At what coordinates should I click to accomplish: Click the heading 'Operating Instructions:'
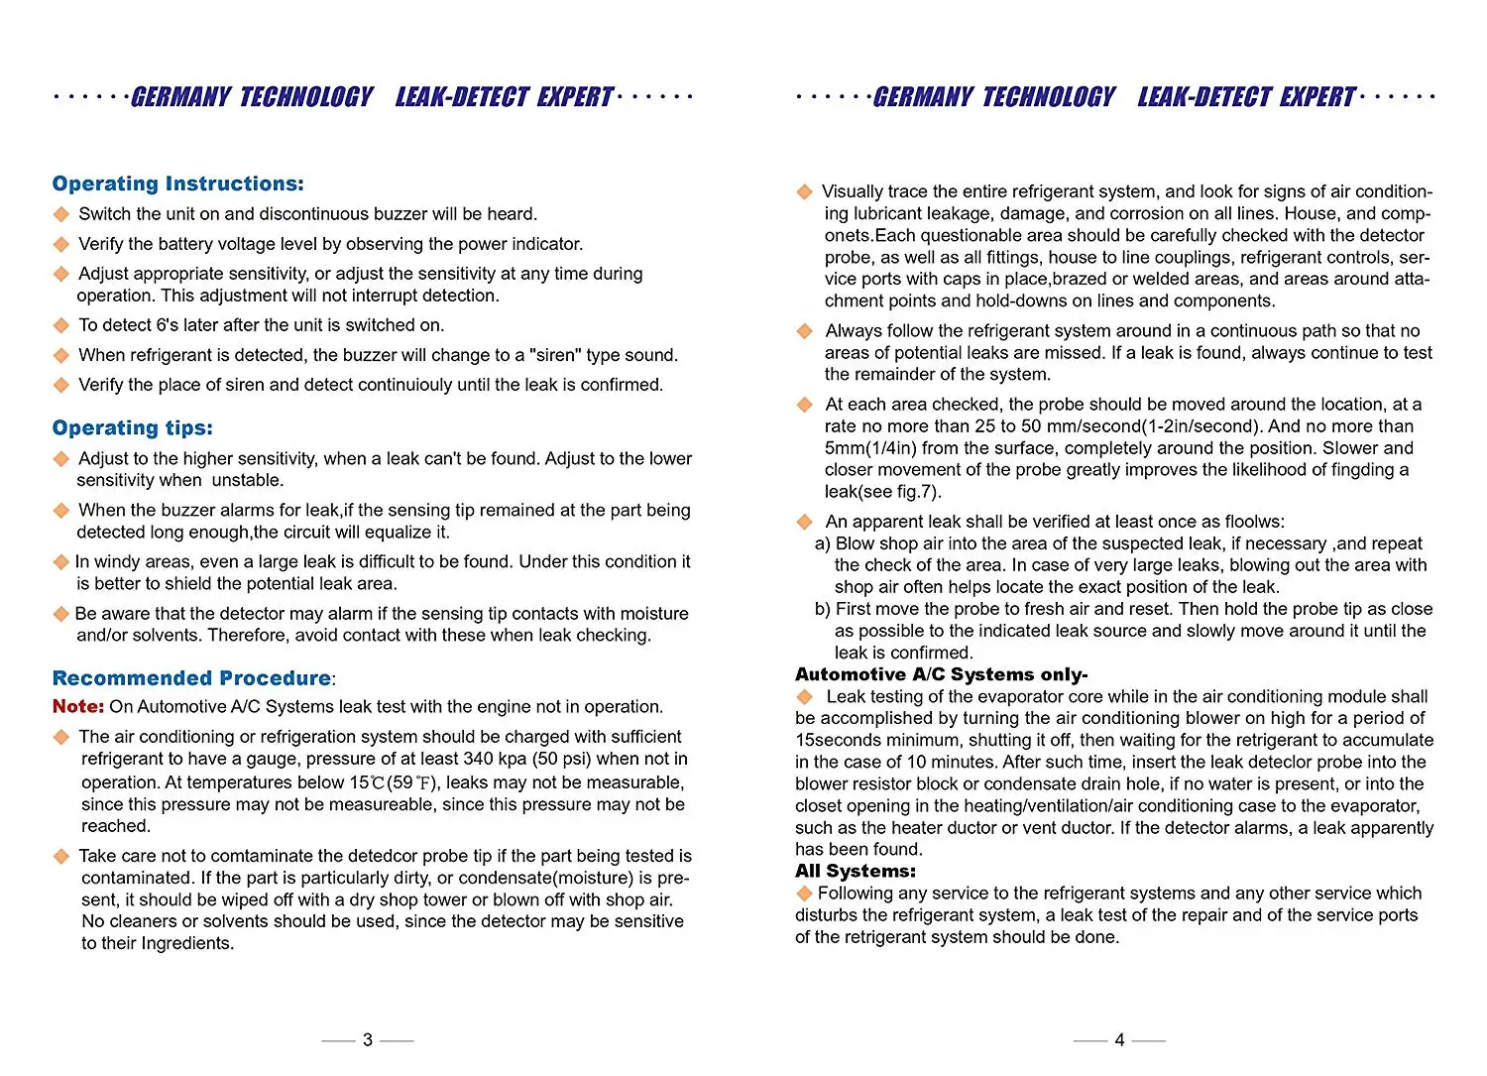click(x=177, y=183)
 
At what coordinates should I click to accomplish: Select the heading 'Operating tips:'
click(x=132, y=427)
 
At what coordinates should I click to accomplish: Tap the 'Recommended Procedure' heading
click(x=191, y=678)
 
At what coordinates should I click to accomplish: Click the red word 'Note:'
click(x=77, y=706)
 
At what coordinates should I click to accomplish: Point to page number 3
click(x=368, y=1039)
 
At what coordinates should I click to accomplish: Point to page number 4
click(x=1119, y=1039)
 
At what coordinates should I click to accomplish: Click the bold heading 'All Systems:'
click(x=855, y=871)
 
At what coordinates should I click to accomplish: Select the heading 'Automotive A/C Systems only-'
click(x=941, y=674)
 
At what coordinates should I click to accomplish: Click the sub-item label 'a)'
click(x=822, y=543)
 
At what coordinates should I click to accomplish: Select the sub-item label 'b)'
click(x=822, y=609)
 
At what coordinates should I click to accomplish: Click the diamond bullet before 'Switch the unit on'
click(x=61, y=214)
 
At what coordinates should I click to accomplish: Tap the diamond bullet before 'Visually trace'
click(x=804, y=191)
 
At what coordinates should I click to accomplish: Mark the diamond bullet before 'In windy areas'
click(x=61, y=562)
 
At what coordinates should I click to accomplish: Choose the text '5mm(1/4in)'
click(x=870, y=447)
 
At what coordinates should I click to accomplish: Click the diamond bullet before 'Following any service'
click(x=804, y=894)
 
